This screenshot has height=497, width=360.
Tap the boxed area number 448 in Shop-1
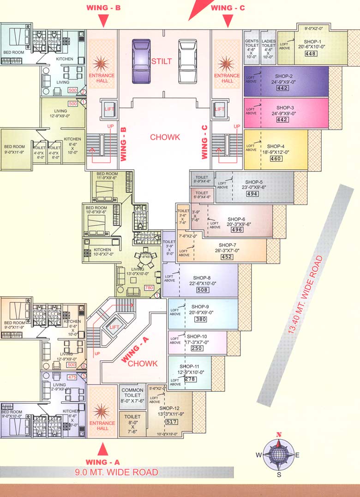pos(310,54)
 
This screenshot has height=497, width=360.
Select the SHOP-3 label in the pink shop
pos(285,107)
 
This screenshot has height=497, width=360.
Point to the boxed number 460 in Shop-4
pos(276,159)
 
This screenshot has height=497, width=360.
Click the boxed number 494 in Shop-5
pos(252,194)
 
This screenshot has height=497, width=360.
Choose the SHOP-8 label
pos(203,277)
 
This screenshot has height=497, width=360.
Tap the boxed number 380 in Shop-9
pos(200,319)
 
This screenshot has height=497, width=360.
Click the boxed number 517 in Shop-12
pos(171,421)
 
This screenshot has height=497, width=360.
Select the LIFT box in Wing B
pos(109,109)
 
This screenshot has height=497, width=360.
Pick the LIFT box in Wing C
pos(220,109)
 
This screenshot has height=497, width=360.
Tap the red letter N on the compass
pos(279,434)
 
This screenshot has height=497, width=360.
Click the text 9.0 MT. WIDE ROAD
pos(116,472)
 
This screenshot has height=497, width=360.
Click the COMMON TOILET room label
pos(132,396)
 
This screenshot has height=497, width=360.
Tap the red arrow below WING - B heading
pos(103,20)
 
